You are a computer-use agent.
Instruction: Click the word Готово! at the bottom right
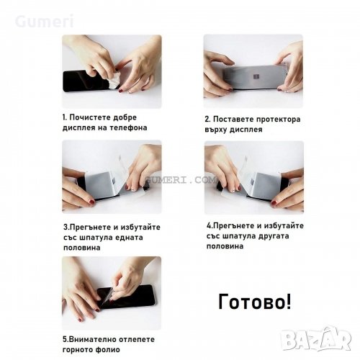[255, 302]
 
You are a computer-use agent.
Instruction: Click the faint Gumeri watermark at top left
[44, 21]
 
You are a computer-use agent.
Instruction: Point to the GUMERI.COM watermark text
[181, 180]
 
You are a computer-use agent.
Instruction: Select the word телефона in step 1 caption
[128, 127]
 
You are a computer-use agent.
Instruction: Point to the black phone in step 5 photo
[126, 297]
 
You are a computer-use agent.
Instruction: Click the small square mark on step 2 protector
[256, 77]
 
